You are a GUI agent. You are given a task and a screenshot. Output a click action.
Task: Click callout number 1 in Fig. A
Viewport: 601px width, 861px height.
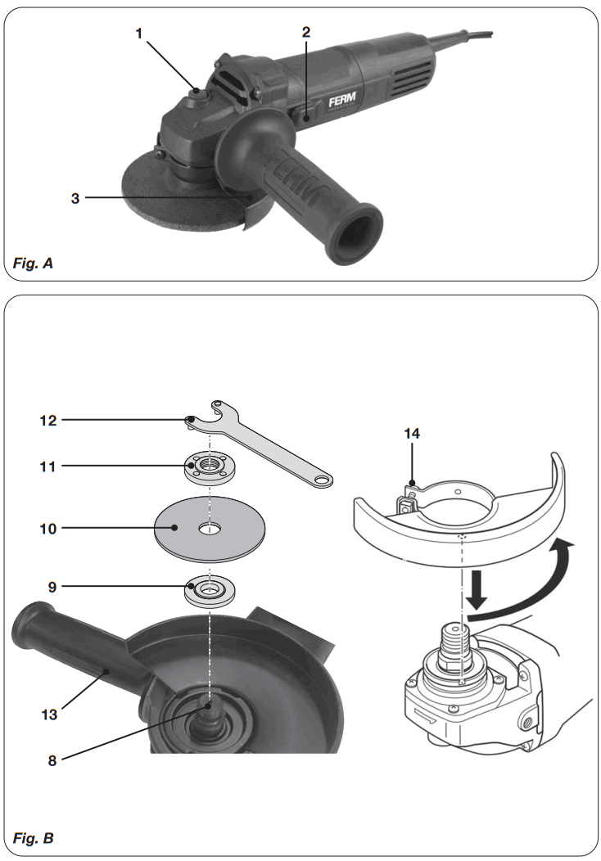(x=139, y=34)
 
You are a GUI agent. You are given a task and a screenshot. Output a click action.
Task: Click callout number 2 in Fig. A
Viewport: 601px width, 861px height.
(x=305, y=34)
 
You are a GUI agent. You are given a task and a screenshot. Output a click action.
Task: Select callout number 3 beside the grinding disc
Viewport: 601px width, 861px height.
(x=75, y=198)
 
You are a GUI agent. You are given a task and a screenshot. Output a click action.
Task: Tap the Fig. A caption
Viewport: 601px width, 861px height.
(x=34, y=264)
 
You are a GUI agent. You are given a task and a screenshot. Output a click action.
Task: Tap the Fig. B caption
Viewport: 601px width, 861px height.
(x=34, y=839)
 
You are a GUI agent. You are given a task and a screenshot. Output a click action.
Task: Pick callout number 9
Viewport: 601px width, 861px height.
(x=51, y=587)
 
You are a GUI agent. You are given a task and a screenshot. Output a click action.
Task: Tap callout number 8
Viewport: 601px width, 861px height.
(x=51, y=760)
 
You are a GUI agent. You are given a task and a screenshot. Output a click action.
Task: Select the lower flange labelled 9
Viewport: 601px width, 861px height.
(x=210, y=591)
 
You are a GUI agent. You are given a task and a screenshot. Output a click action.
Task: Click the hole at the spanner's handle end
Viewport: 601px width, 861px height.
(x=325, y=480)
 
